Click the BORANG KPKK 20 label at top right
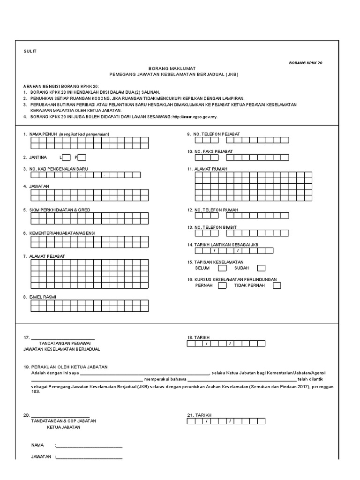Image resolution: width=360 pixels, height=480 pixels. coord(306,62)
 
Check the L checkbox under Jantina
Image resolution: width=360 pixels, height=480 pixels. coord(66,157)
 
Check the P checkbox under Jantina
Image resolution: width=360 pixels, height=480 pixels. coord(82,157)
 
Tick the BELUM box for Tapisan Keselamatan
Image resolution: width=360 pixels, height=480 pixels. coord(222,268)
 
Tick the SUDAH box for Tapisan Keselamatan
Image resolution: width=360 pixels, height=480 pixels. coord(261,268)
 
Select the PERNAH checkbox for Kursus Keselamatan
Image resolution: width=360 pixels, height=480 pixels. coord(222,285)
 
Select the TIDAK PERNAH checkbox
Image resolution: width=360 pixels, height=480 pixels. coord(277,285)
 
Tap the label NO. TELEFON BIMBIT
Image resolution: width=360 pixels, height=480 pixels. coord(215,227)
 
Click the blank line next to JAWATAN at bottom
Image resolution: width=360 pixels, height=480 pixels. coord(89,457)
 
